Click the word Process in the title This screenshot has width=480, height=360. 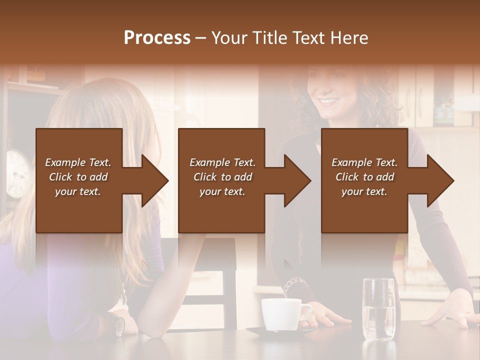click(x=157, y=38)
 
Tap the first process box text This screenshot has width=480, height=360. click(x=78, y=177)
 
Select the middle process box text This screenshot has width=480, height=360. click(x=222, y=177)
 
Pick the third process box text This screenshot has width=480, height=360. click(x=364, y=177)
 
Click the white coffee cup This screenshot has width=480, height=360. click(x=281, y=314)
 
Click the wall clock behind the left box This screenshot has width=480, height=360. click(x=17, y=172)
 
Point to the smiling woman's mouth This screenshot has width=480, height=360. click(x=328, y=101)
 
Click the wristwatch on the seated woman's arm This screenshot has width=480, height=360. click(x=120, y=325)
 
